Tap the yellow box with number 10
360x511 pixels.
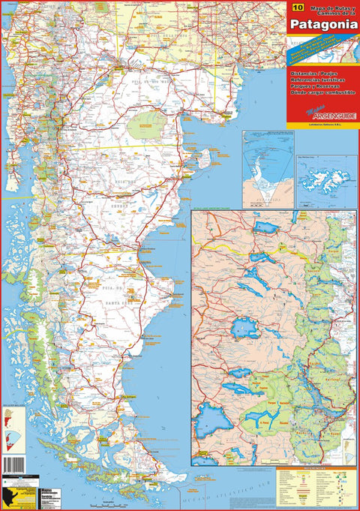pos(298,7)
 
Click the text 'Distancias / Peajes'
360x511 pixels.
pos(308,73)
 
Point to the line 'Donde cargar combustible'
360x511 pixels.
pos(318,98)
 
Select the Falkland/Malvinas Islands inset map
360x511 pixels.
pos(325,181)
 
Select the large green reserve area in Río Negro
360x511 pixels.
pos(147,125)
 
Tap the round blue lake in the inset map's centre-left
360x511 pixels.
pos(244,328)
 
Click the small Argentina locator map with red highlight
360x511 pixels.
pos(10,421)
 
